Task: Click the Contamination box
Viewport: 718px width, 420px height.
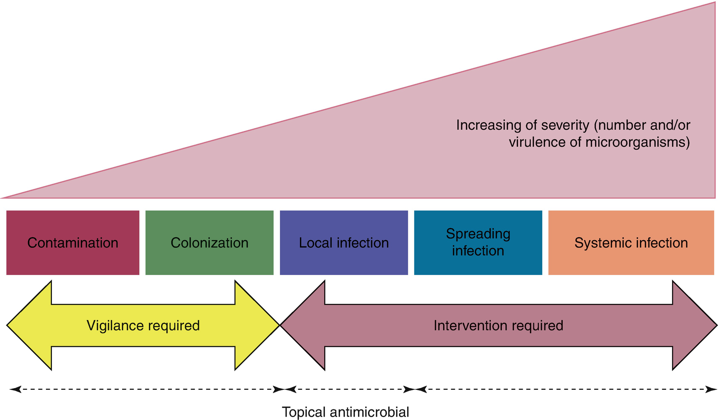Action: coord(73,243)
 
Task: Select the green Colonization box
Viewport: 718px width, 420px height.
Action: coord(209,243)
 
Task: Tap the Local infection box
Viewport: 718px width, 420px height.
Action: coord(344,243)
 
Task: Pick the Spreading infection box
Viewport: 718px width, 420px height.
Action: coord(478,243)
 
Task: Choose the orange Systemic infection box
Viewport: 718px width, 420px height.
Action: coord(631,243)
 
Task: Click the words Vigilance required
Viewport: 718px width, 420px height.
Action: coord(143,326)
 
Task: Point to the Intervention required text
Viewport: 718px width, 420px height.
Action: coord(498,326)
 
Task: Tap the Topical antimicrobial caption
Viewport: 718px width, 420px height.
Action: coord(345,412)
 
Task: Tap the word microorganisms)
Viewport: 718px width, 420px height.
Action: coord(638,142)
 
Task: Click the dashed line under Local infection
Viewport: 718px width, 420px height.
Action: coord(347,389)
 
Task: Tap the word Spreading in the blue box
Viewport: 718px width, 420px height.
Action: coord(478,234)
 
